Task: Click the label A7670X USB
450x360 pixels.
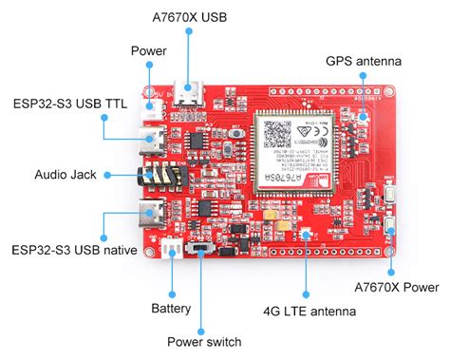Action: [189, 15]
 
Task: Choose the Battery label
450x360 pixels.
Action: [171, 308]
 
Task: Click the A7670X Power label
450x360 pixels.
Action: [397, 287]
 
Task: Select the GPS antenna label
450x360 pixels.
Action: [364, 61]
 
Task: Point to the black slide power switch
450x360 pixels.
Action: [202, 249]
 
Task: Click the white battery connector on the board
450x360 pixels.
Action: [172, 249]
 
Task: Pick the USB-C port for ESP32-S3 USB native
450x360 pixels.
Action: [150, 216]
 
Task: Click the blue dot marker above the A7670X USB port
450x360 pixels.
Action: [189, 32]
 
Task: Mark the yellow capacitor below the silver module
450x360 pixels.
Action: [272, 218]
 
